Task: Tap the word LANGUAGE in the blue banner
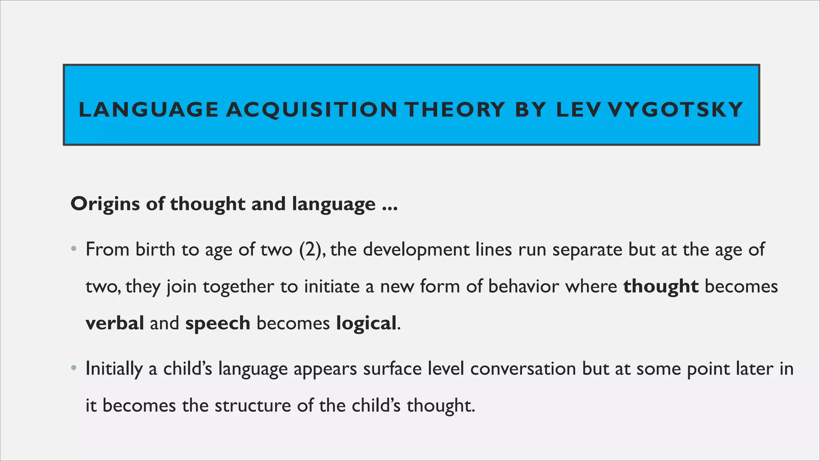tap(149, 110)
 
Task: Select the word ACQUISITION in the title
tap(312, 110)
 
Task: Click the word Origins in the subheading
tap(105, 204)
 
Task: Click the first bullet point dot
tap(73, 249)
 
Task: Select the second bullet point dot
tap(73, 368)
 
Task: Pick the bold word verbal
tap(115, 323)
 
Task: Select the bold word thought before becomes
tap(661, 287)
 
